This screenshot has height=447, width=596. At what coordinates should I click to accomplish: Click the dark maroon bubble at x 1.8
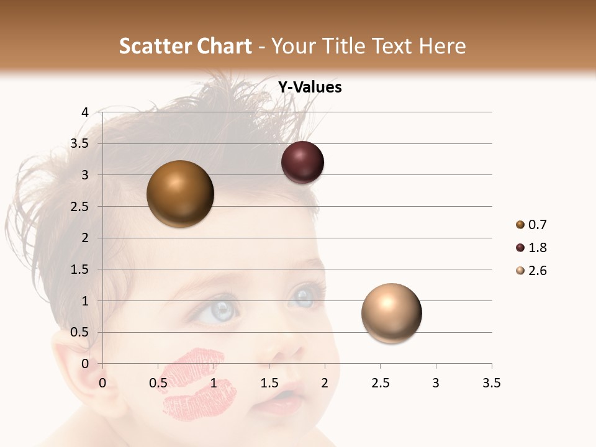pyautogui.click(x=302, y=163)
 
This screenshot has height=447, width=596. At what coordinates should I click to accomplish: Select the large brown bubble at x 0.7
pyautogui.click(x=180, y=194)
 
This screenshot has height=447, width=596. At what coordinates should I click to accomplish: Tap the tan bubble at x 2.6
pyautogui.click(x=391, y=313)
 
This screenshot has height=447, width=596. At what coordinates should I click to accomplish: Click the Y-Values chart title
pyautogui.click(x=309, y=88)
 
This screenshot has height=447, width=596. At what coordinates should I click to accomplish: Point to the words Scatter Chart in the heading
pyautogui.click(x=186, y=46)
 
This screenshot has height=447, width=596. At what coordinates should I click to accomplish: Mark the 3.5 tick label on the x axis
pyautogui.click(x=491, y=383)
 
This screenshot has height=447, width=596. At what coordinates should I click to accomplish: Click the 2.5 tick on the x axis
pyautogui.click(x=380, y=383)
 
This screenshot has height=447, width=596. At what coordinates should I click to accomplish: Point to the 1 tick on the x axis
pyautogui.click(x=214, y=383)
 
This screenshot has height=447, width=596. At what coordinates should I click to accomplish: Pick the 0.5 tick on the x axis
pyautogui.click(x=158, y=383)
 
